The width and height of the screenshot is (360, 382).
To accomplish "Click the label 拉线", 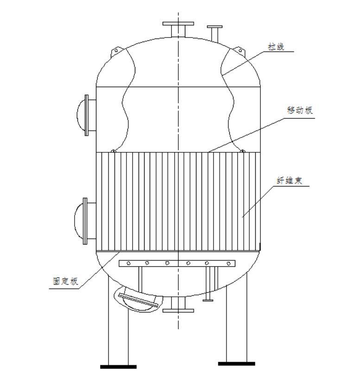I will (x=276, y=47).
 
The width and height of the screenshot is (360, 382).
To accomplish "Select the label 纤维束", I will (x=290, y=181).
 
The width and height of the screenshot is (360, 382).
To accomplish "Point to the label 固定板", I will (x=65, y=282).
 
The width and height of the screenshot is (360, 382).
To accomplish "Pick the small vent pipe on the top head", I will (x=214, y=33).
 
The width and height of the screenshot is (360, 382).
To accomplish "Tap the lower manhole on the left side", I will (x=82, y=221).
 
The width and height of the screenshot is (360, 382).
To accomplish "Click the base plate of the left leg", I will (x=119, y=367).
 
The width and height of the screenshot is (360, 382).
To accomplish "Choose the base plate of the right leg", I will (x=236, y=364).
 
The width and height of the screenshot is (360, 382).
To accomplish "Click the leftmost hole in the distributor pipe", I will (x=128, y=263).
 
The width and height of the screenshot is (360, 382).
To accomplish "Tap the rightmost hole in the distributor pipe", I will (x=228, y=263).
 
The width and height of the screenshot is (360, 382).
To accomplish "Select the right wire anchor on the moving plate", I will (x=241, y=150).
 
